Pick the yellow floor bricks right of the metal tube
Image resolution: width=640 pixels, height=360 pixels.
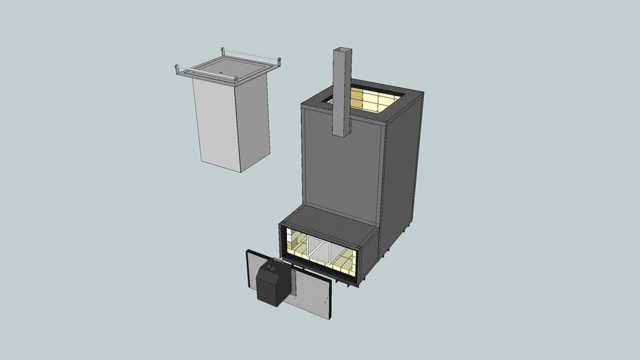pyautogui.click(x=345, y=262)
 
